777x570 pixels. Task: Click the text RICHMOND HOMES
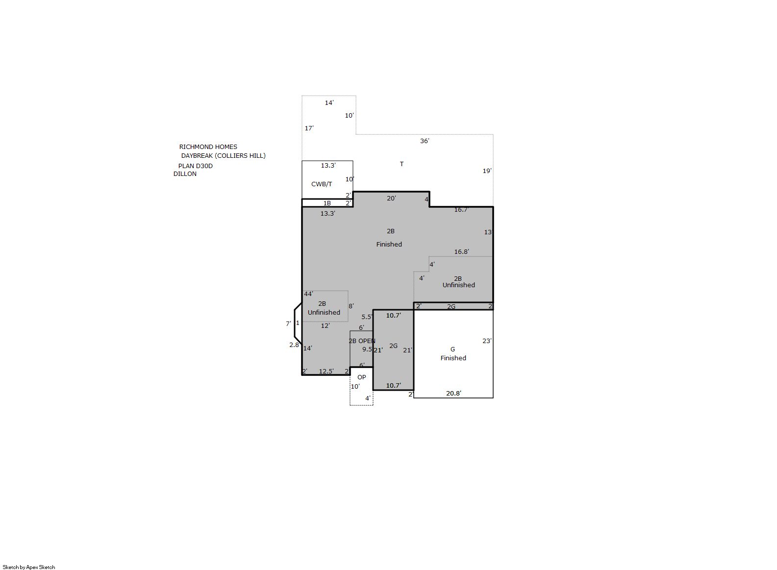click(x=208, y=147)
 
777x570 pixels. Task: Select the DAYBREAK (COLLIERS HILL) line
click(x=224, y=156)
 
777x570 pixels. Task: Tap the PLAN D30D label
click(x=195, y=166)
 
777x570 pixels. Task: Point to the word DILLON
click(x=185, y=173)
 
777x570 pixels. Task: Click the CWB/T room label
click(x=322, y=184)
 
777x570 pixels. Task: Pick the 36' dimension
click(x=425, y=141)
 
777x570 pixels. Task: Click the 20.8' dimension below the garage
click(x=454, y=393)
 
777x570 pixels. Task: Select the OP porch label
click(x=361, y=377)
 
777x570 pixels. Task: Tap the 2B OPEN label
click(x=362, y=341)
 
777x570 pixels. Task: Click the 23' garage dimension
click(x=487, y=341)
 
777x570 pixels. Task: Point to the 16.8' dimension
click(x=462, y=252)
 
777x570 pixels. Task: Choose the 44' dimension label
click(x=309, y=294)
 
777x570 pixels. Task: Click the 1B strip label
click(x=327, y=203)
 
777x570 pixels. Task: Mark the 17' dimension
click(x=309, y=128)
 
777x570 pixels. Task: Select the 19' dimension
click(x=487, y=171)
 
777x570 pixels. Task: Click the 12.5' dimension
click(x=326, y=372)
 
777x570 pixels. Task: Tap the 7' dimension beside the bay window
click(x=288, y=323)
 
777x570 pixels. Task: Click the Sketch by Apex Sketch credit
click(x=29, y=567)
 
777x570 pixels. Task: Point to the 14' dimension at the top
click(x=329, y=102)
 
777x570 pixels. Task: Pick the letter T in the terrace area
click(x=401, y=164)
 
